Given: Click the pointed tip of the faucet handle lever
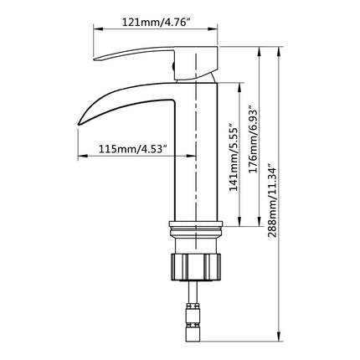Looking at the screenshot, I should tap(95, 59).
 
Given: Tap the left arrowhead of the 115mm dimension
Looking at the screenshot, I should tap(81, 156).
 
